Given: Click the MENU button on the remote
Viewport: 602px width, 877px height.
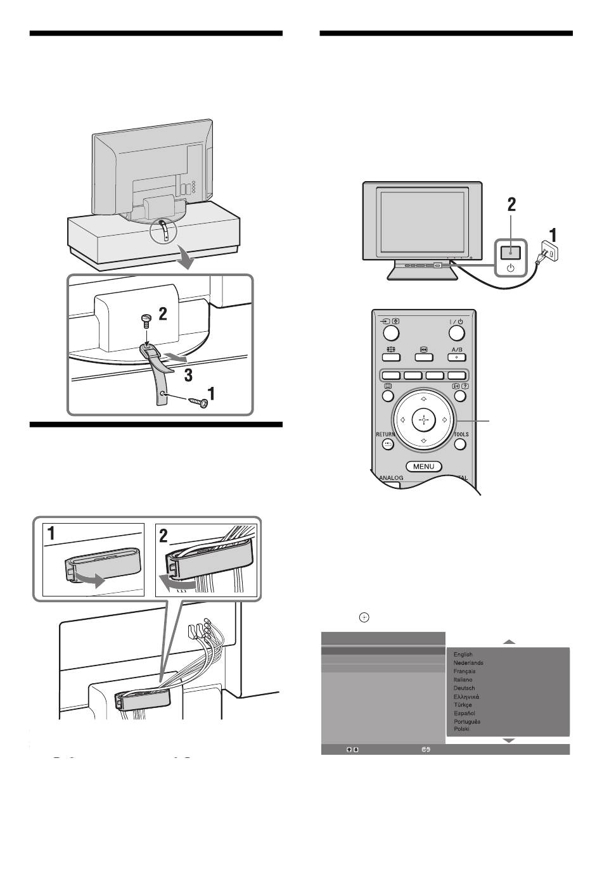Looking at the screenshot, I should [424, 467].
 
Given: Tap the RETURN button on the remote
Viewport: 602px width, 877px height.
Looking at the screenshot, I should [388, 444].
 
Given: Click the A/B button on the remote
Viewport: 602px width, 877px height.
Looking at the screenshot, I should [456, 356].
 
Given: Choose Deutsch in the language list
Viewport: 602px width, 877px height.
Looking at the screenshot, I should [464, 688].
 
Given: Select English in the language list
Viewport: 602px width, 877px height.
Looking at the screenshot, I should [463, 655].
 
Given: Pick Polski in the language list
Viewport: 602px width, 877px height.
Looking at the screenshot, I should [461, 729].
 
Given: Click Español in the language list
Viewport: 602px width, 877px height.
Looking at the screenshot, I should [464, 713].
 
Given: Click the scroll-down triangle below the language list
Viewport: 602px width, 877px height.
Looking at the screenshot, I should [509, 740].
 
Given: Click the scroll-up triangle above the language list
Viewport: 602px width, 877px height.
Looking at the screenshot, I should [509, 642].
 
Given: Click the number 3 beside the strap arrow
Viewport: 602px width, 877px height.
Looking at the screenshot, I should [188, 375].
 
